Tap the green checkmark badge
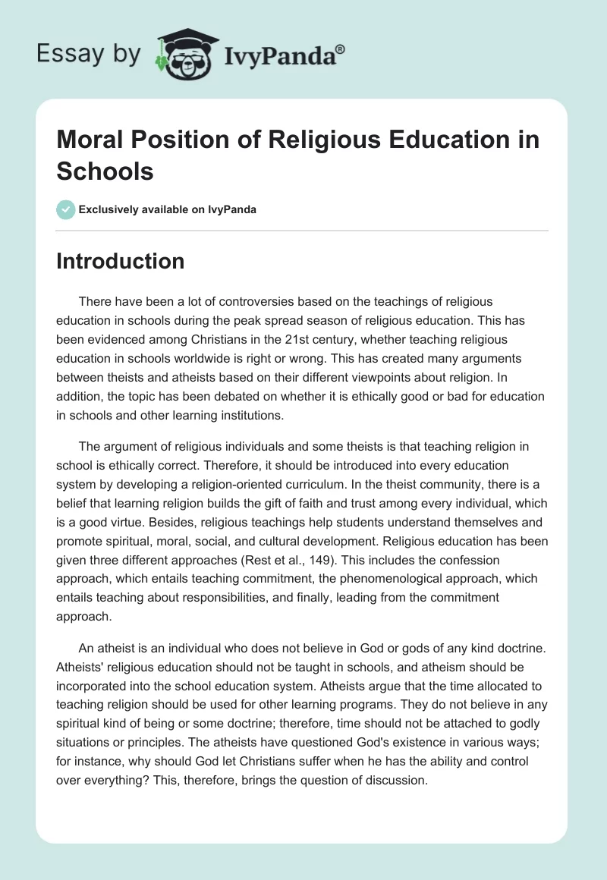(x=65, y=209)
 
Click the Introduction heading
(x=121, y=261)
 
